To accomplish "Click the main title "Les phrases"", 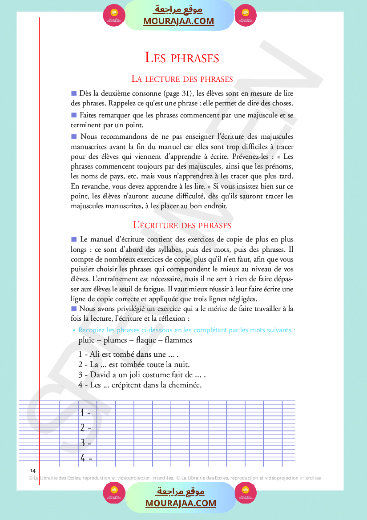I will (x=182, y=58).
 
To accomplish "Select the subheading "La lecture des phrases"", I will (x=182, y=79).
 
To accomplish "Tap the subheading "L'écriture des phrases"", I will (x=182, y=226).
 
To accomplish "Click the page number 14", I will (x=33, y=471).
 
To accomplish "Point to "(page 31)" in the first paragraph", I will (x=177, y=93).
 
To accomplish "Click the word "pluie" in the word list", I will (x=86, y=340).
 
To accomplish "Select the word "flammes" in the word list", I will (x=178, y=340).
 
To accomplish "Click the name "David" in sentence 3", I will (x=101, y=375).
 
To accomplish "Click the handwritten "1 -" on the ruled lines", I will (x=85, y=413).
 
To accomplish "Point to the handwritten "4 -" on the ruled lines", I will (x=86, y=458).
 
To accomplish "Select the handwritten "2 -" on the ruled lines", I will (x=85, y=428).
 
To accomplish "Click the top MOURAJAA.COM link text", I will (x=179, y=21).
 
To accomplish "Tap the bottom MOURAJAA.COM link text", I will (x=181, y=503).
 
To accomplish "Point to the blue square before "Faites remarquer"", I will (x=74, y=115).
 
